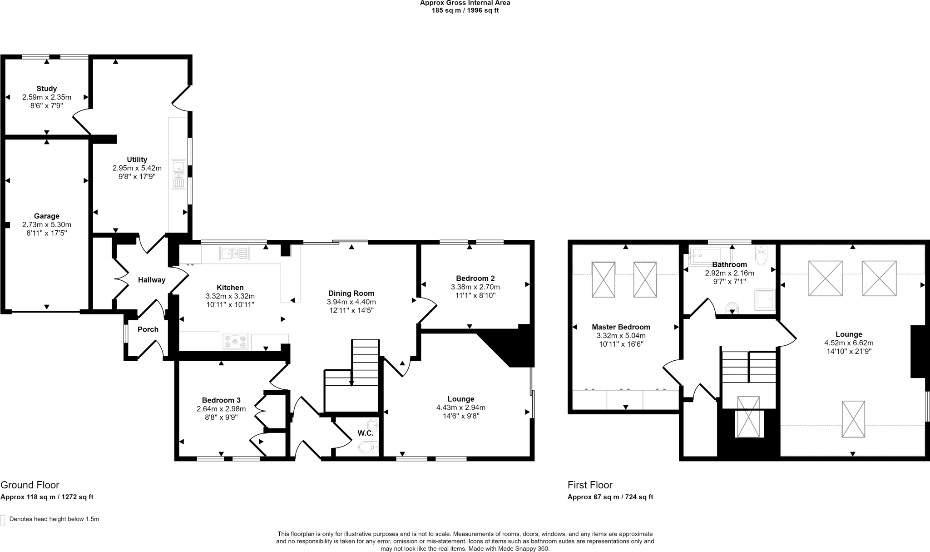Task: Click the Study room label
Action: [x=47, y=89]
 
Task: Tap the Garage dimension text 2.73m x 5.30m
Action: [x=47, y=224]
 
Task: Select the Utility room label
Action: [x=137, y=159]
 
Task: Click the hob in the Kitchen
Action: [x=235, y=341]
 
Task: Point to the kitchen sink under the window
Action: [x=234, y=253]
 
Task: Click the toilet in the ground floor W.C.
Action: [x=368, y=448]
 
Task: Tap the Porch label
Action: [x=148, y=329]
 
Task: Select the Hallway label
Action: [x=152, y=280]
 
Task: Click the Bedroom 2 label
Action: [x=475, y=278]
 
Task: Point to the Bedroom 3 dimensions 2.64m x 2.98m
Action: [x=221, y=409]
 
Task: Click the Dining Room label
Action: [x=351, y=293]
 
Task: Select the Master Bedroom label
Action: [x=621, y=327]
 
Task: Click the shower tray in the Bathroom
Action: [x=765, y=300]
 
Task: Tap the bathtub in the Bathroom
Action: [x=705, y=257]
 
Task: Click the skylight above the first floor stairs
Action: [x=748, y=417]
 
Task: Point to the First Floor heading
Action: [x=590, y=485]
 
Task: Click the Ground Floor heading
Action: [x=30, y=485]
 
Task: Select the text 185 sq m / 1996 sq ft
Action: [x=465, y=10]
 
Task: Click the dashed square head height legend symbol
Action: [x=3, y=520]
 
